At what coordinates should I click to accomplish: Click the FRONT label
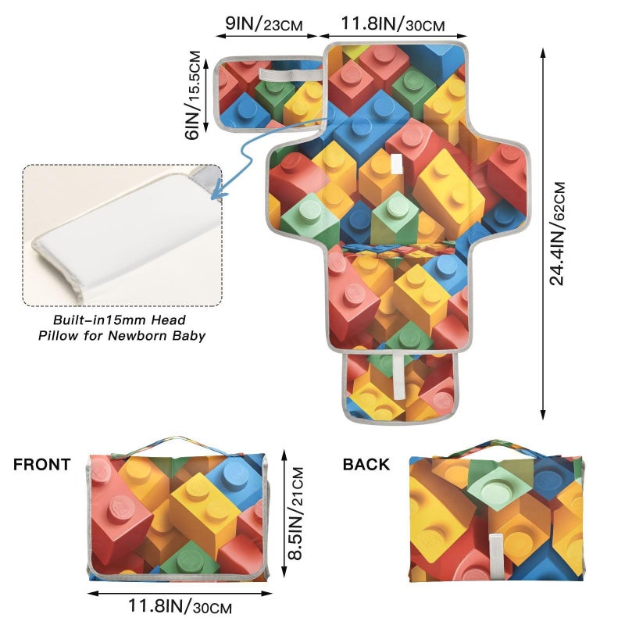click(x=42, y=465)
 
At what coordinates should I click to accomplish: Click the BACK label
click(x=366, y=465)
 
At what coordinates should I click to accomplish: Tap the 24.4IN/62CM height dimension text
click(x=557, y=234)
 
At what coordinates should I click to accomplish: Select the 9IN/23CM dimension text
click(x=264, y=24)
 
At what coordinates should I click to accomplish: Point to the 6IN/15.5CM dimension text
click(x=192, y=95)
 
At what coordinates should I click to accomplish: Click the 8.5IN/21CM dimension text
click(x=296, y=513)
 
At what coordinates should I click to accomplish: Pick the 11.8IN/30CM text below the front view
click(x=180, y=606)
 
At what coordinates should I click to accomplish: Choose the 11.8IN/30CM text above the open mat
click(x=393, y=24)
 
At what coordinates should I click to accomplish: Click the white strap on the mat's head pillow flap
click(x=290, y=74)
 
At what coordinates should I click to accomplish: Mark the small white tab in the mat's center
click(x=397, y=164)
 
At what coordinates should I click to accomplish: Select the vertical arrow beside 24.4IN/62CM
click(x=542, y=234)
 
